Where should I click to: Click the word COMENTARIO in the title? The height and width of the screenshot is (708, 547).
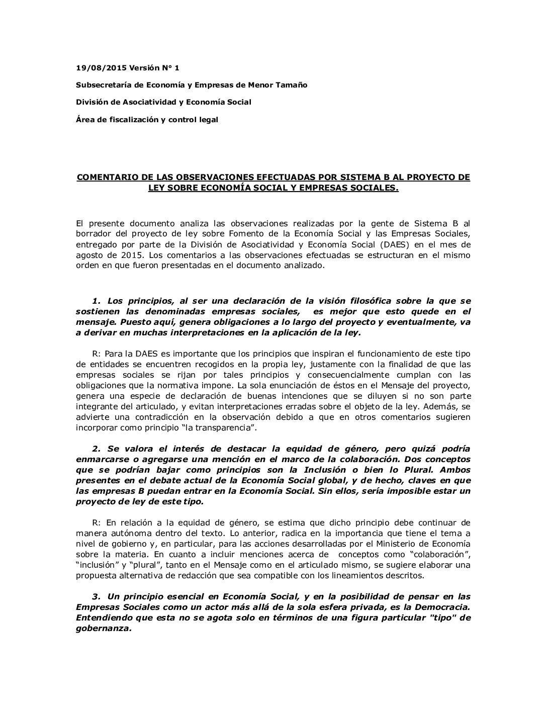(102, 178)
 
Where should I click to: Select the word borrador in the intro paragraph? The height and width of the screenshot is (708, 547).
(93, 234)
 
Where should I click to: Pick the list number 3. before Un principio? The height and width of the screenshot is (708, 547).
(97, 596)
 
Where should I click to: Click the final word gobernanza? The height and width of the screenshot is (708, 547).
(103, 628)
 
